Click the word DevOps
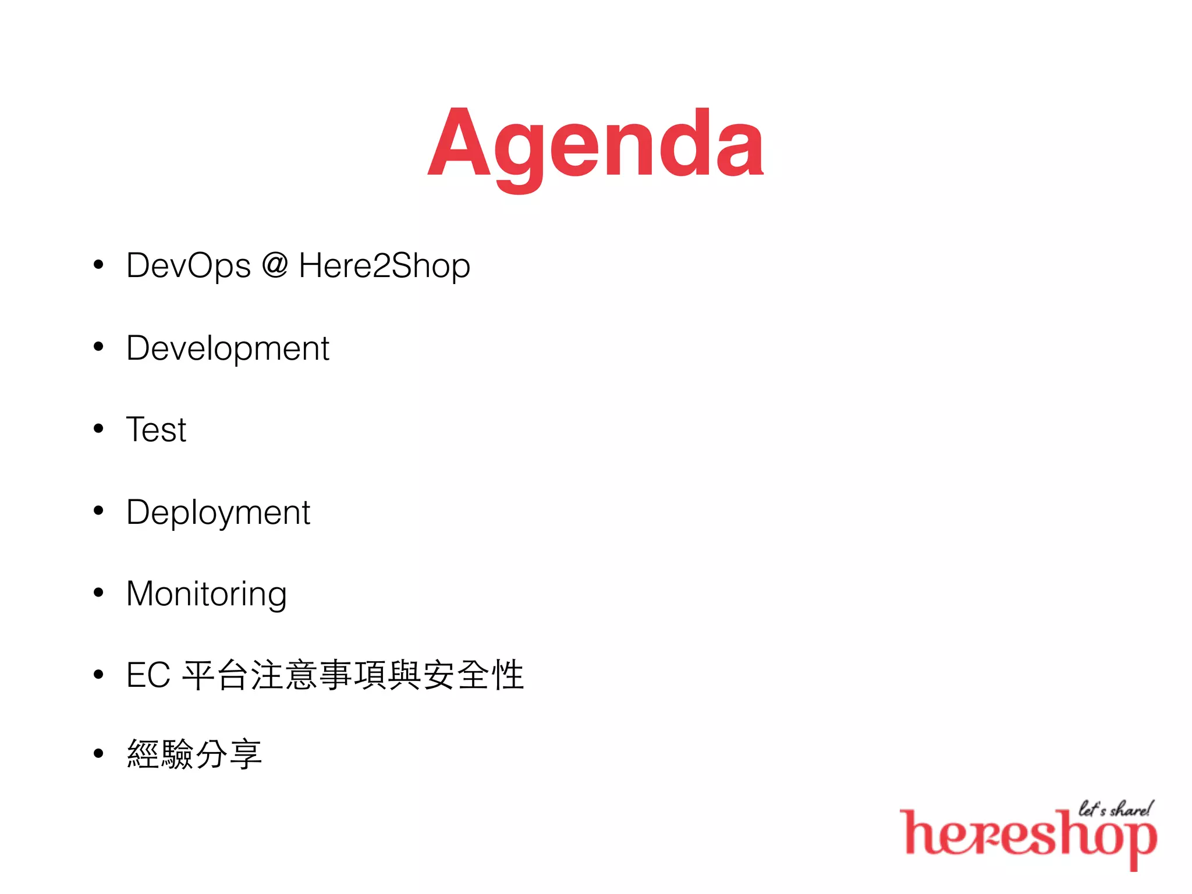[189, 267]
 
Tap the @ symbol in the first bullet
[275, 265]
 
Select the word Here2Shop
[384, 267]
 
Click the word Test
[156, 430]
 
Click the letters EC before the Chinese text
[148, 675]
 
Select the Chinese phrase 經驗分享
[194, 754]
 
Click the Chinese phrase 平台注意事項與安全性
[353, 675]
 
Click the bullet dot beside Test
[98, 429]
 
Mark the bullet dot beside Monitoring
[98, 593]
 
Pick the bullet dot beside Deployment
[98, 510]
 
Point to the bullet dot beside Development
[98, 347]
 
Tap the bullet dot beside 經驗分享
[98, 753]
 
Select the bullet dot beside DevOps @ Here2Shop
[98, 265]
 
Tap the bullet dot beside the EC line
[98, 674]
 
